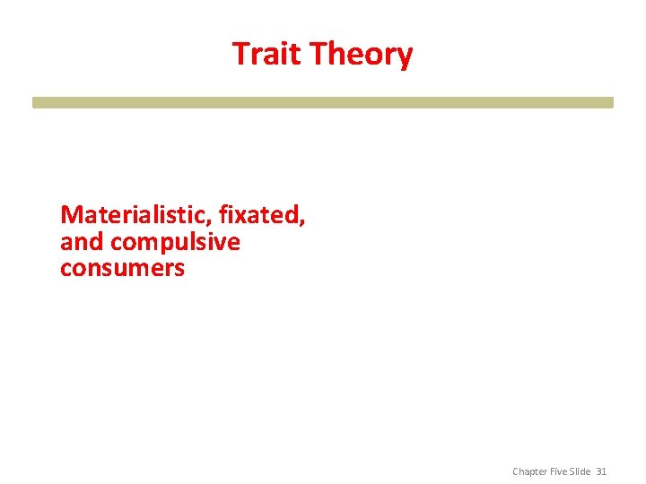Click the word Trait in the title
pyautogui.click(x=267, y=54)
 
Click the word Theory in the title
pyautogui.click(x=361, y=55)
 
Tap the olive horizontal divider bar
pyautogui.click(x=323, y=102)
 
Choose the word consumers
pyautogui.click(x=122, y=268)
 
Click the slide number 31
pyautogui.click(x=601, y=471)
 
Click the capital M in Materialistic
pyautogui.click(x=69, y=215)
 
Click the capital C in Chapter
pyautogui.click(x=516, y=471)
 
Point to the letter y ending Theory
pyautogui.click(x=405, y=58)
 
